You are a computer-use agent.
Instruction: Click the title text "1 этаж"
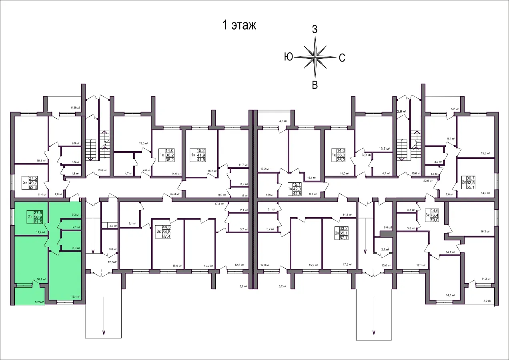coord(239,26)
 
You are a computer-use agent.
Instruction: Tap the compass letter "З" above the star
coord(315,29)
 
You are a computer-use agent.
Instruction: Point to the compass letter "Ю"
coord(288,57)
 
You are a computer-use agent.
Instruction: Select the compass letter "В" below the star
coord(315,85)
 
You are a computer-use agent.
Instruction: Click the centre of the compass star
coord(315,57)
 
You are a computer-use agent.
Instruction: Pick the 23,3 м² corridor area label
coord(175,194)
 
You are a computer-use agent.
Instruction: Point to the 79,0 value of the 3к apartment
coord(435,220)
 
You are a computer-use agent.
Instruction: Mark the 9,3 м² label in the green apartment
coord(75,215)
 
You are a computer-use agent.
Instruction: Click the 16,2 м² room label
coord(484,231)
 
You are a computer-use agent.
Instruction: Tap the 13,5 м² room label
coord(143,143)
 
